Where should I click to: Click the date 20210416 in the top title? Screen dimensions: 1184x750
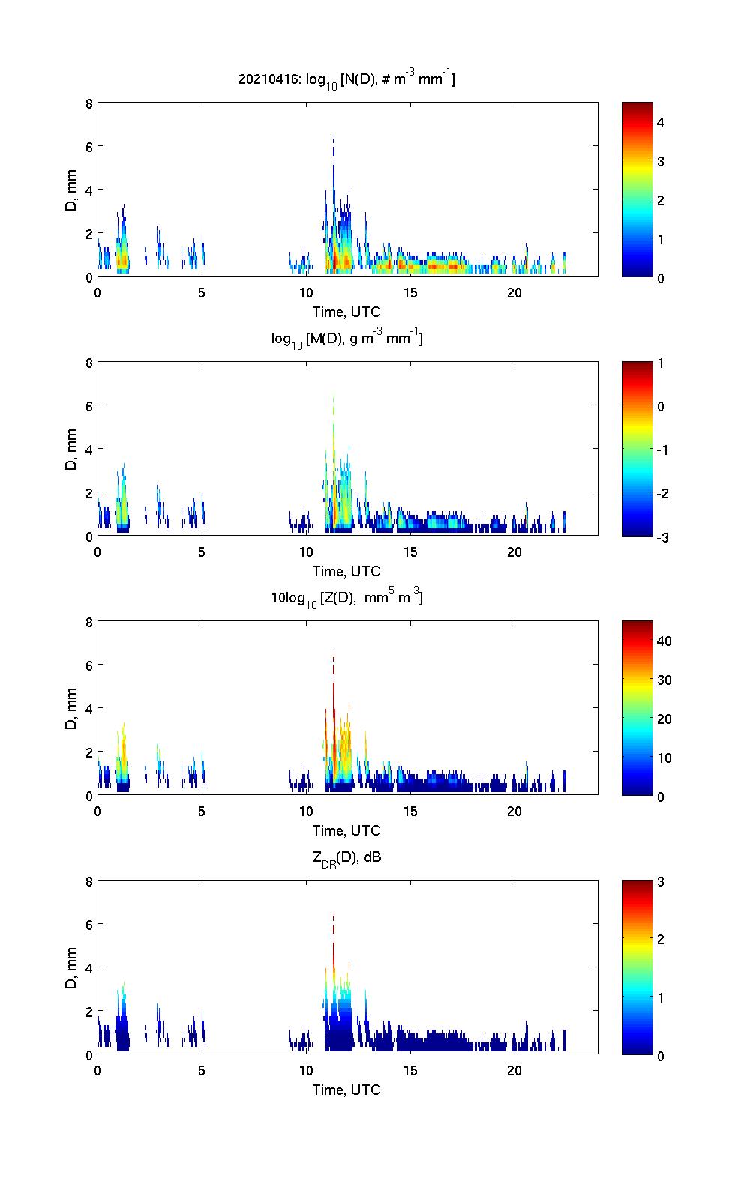[264, 79]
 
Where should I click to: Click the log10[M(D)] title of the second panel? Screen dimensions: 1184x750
[346, 339]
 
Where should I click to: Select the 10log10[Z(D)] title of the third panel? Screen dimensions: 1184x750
[346, 598]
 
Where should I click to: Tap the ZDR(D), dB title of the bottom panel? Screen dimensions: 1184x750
[346, 857]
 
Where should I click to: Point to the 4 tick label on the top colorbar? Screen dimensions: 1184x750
[661, 122]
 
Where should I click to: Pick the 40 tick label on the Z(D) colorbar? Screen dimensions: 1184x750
[664, 641]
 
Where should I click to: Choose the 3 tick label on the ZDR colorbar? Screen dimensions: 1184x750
[661, 882]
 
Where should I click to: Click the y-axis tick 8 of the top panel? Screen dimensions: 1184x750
[88, 103]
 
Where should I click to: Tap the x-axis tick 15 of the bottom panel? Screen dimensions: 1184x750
[410, 1070]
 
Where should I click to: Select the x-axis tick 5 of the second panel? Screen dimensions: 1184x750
[202, 552]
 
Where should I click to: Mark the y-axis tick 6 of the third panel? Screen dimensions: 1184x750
[88, 665]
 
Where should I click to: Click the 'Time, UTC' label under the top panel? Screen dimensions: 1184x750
[346, 312]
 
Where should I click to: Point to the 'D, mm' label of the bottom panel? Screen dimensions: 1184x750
[72, 967]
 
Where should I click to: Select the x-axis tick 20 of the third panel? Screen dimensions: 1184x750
[514, 811]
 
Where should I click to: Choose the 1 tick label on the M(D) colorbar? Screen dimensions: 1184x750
[661, 363]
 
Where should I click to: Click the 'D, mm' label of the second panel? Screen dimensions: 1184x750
[72, 449]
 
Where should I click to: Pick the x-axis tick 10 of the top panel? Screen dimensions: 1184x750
[306, 292]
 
